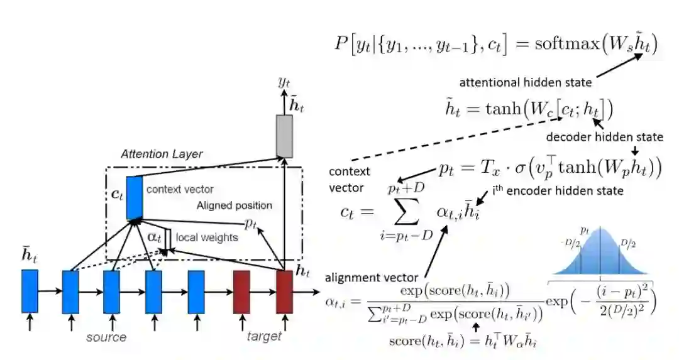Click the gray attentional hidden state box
285,136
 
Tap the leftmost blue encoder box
30,291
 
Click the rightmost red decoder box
284,291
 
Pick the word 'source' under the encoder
106,337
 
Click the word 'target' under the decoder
264,337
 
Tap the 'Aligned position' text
235,205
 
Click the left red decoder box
242,291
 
